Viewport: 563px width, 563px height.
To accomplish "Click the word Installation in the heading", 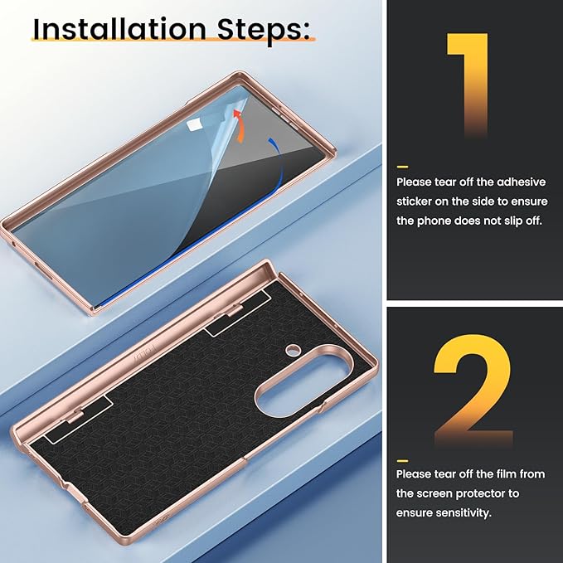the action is click(119, 29).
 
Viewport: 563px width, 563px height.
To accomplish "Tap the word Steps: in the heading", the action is click(264, 31).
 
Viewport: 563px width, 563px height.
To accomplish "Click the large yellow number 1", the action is click(468, 85).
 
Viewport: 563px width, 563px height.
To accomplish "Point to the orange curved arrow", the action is click(239, 126).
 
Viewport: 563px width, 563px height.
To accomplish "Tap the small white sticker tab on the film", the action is click(195, 124).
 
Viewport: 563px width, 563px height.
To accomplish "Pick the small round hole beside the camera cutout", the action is click(293, 349).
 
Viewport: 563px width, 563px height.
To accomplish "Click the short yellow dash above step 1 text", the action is click(402, 167).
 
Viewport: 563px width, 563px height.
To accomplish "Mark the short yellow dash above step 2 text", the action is click(402, 461).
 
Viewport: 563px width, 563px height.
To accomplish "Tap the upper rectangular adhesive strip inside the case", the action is click(238, 313).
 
